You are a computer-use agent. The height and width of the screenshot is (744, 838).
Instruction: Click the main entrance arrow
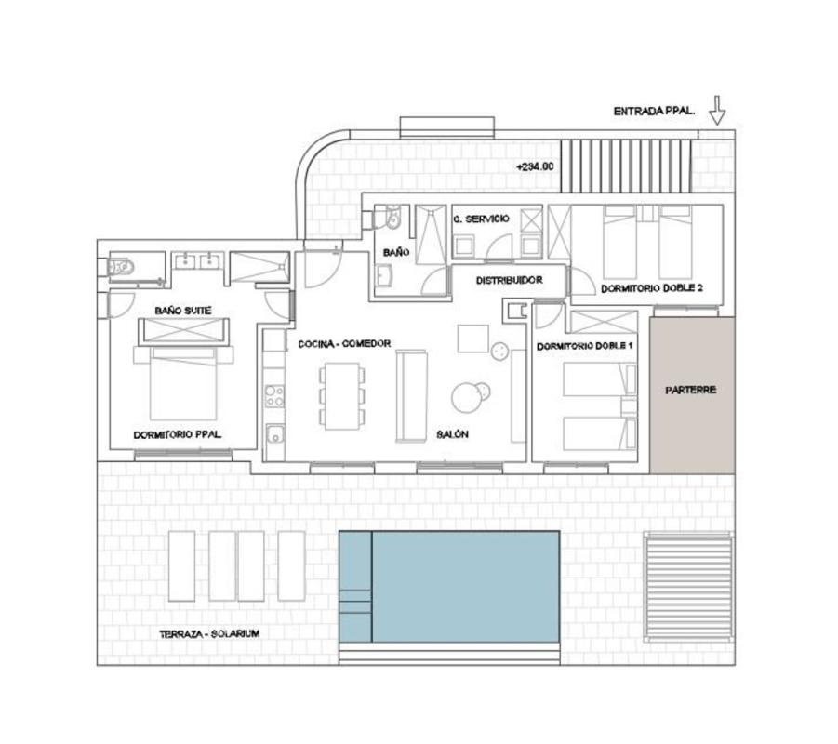pos(717,110)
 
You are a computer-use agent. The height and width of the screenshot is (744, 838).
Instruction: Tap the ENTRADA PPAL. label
pos(654,112)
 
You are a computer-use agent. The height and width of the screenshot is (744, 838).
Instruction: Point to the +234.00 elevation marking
pos(535,166)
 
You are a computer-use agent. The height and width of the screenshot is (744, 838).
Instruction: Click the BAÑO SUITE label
pos(183,311)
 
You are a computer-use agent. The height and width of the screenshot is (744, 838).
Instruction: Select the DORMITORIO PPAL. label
pos(178,435)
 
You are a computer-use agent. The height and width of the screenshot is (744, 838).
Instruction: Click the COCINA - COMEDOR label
pos(344,344)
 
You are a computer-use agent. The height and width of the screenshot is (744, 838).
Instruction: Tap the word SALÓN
pos(452,434)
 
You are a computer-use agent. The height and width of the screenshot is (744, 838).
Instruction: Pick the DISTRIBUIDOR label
pos(510,280)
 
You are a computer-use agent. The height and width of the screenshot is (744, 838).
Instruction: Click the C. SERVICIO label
pos(481,219)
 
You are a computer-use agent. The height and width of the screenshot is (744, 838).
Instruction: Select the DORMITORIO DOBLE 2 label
pos(652,288)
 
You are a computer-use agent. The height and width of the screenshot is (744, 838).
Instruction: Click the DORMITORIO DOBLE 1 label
pos(585,346)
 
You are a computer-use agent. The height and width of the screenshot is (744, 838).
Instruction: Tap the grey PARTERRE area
pos(692,394)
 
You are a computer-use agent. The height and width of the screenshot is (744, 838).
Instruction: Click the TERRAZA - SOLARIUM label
pos(209,634)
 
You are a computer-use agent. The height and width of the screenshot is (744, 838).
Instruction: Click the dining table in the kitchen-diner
pos(342,396)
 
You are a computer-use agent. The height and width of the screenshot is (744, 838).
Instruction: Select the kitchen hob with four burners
pos(274,396)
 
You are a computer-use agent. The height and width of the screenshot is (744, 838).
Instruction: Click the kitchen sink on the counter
pos(276,433)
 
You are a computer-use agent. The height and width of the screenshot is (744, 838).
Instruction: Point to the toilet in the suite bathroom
pos(121,267)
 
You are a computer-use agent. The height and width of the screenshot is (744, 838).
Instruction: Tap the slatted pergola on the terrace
pos(688,587)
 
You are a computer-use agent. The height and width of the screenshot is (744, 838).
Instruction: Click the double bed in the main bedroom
pos(183,383)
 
